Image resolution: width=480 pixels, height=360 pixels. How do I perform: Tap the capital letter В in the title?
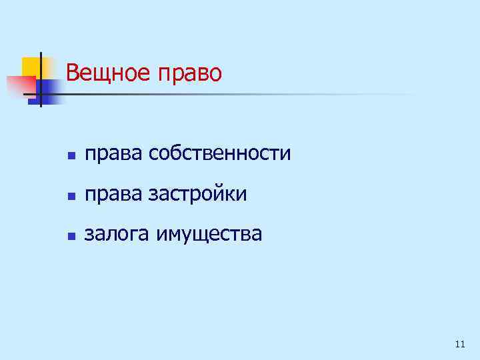pos(73,72)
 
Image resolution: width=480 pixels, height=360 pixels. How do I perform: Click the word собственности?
pos(220,154)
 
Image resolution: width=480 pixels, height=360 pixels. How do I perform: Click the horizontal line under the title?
pos(233,95)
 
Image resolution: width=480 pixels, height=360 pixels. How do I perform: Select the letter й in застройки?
pos(226,195)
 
